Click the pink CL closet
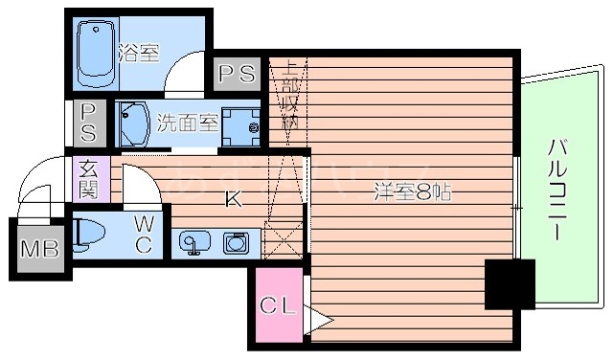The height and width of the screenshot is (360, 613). pyautogui.click(x=278, y=308)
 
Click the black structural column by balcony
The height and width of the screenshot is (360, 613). pyautogui.click(x=510, y=284)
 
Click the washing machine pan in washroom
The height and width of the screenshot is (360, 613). pyautogui.click(x=243, y=124)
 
